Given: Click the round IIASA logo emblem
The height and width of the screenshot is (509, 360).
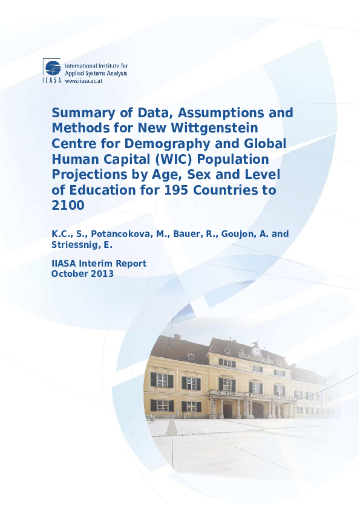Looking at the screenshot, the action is pyautogui.click(x=52, y=68).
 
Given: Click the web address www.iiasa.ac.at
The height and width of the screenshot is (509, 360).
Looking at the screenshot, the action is pyautogui.click(x=83, y=80).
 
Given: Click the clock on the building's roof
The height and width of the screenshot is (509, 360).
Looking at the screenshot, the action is pyautogui.click(x=256, y=351).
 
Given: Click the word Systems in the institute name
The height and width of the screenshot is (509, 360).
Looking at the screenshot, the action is pyautogui.click(x=91, y=73).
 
